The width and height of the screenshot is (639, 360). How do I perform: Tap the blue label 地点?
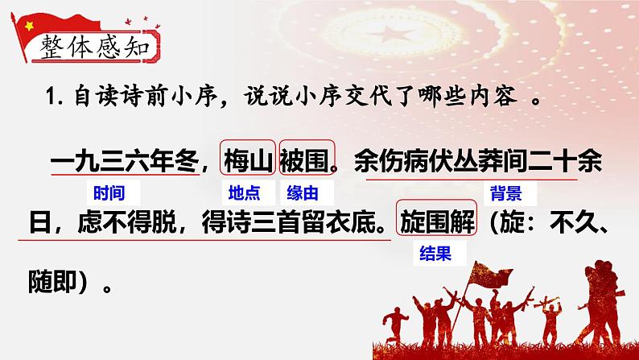point(241,192)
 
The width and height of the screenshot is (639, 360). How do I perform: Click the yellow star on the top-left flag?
point(27,25)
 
